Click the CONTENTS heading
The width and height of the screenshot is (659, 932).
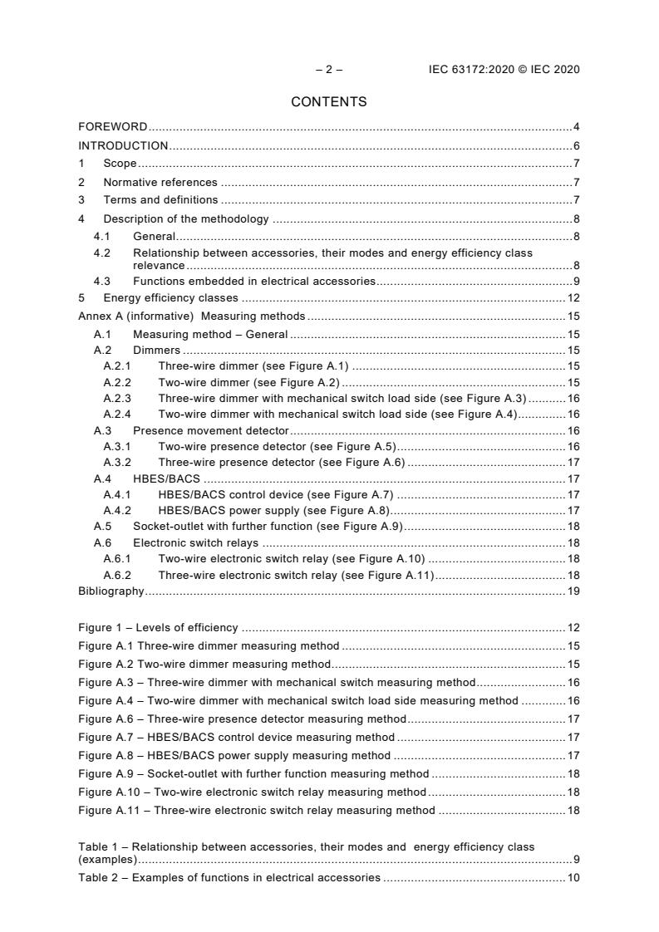(x=329, y=102)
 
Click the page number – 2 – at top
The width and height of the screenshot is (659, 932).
(x=329, y=70)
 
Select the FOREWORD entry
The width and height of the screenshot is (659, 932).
(x=113, y=127)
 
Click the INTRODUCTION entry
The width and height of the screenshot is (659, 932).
(x=123, y=146)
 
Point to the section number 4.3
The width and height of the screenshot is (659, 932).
(x=102, y=281)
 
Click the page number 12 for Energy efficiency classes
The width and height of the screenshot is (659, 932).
(x=573, y=297)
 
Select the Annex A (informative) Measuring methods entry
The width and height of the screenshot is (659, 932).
(x=192, y=316)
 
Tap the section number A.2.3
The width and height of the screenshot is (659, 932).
(x=117, y=399)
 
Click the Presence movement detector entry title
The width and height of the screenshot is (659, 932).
(x=211, y=430)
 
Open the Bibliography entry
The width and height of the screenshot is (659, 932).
(x=111, y=591)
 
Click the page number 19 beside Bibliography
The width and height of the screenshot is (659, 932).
(x=573, y=591)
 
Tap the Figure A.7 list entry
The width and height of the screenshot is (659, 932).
(x=236, y=737)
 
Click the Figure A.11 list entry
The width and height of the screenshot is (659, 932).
(x=256, y=810)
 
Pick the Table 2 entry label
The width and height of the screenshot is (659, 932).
(x=229, y=877)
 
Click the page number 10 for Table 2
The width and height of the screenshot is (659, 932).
(x=573, y=877)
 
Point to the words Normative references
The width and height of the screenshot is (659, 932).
(x=160, y=182)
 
